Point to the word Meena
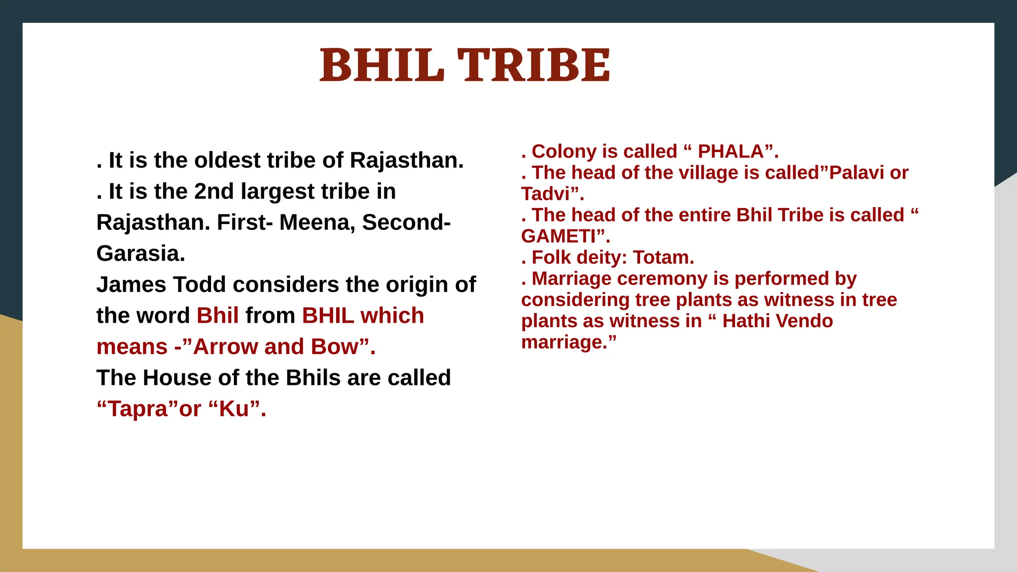point(317,222)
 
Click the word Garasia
point(141,254)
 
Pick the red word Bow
point(334,347)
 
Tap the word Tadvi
point(545,194)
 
